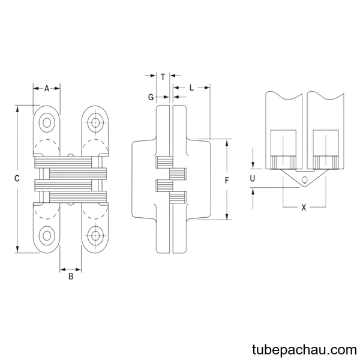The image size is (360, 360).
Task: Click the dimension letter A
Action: (47, 88)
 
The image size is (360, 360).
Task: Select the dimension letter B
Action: (71, 277)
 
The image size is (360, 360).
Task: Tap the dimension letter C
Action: (17, 178)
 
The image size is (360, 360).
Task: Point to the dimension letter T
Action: (163, 77)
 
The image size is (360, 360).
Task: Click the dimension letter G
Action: (151, 97)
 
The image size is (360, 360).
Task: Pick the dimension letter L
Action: (191, 88)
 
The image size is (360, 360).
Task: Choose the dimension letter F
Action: (227, 181)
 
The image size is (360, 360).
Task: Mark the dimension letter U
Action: (253, 178)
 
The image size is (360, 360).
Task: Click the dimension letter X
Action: (304, 208)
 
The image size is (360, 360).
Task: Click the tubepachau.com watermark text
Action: (304, 350)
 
